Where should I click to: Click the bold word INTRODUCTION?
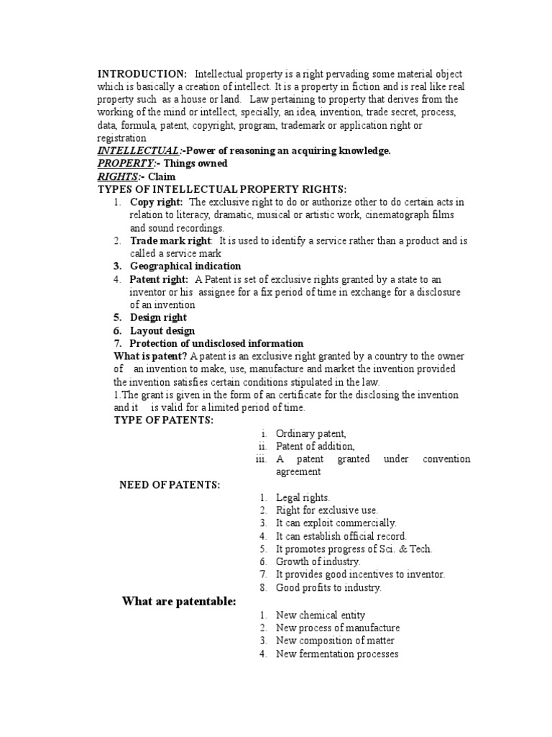[x=142, y=74]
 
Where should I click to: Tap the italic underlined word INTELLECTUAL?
[x=138, y=150]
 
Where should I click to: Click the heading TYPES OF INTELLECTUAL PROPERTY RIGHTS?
[x=222, y=189]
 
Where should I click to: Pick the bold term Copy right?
[x=156, y=202]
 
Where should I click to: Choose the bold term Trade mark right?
[x=170, y=241]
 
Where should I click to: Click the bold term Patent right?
[x=159, y=279]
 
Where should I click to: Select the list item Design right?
[x=158, y=317]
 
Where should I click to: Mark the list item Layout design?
[x=162, y=330]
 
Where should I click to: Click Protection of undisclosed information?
[x=216, y=343]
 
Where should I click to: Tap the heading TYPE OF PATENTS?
[x=164, y=420]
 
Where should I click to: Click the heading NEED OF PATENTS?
[x=169, y=485]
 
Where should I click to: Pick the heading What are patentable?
[x=178, y=602]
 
